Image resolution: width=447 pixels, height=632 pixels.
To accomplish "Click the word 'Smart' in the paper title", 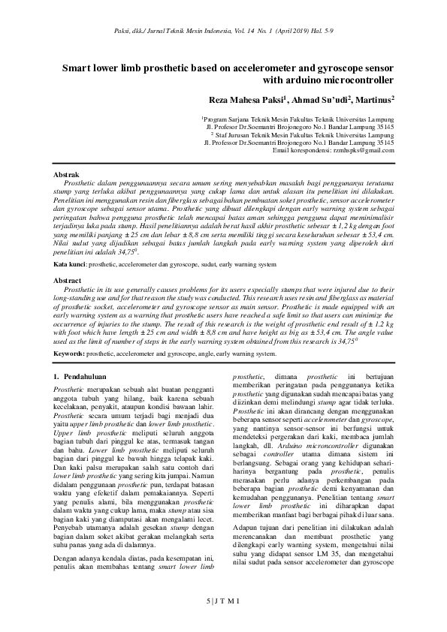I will click(x=77, y=67).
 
